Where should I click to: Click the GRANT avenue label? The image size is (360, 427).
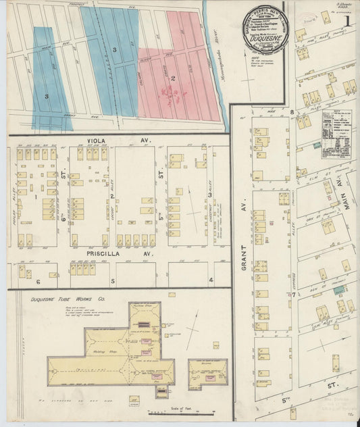pyautogui.click(x=240, y=208)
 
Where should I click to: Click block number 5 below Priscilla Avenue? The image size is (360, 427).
pyautogui.click(x=113, y=280)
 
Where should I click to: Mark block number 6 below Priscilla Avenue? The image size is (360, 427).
pyautogui.click(x=38, y=281)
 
